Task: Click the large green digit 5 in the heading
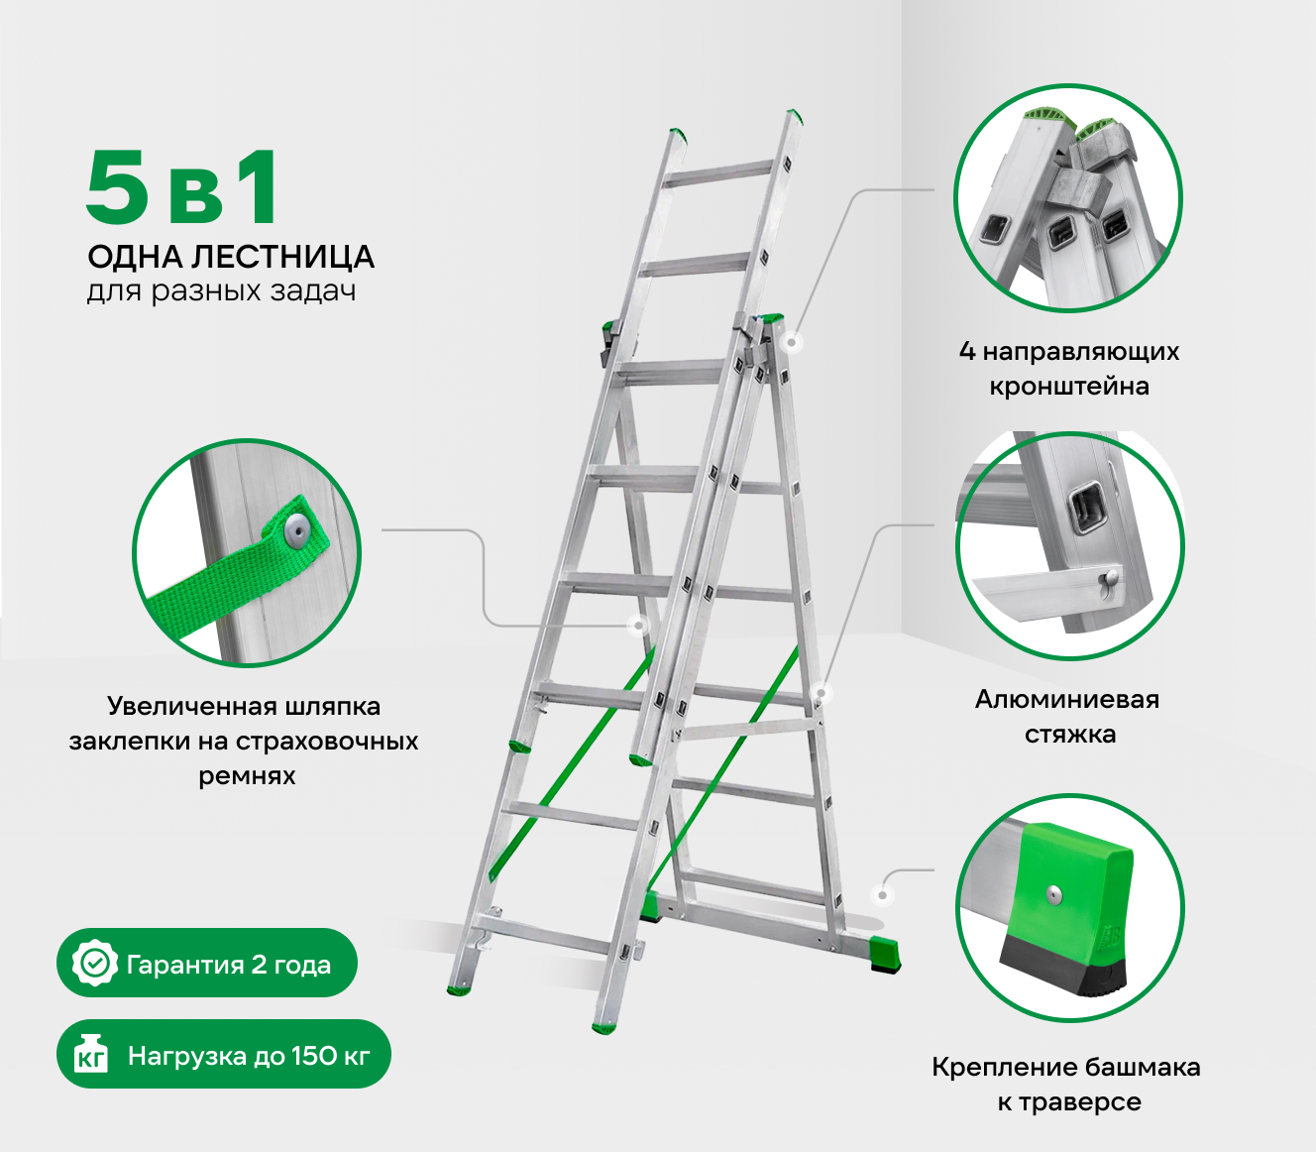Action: (x=117, y=186)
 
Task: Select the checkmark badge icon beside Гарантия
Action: (x=95, y=964)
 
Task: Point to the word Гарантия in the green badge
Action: (x=184, y=965)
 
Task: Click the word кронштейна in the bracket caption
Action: (x=1069, y=387)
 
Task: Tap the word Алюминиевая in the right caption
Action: (x=1067, y=699)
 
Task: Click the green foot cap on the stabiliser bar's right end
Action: (x=884, y=955)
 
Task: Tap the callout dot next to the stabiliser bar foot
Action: (x=883, y=895)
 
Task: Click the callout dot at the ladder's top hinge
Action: (x=792, y=342)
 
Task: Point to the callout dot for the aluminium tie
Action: (x=822, y=693)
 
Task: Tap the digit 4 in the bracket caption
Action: (x=967, y=351)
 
